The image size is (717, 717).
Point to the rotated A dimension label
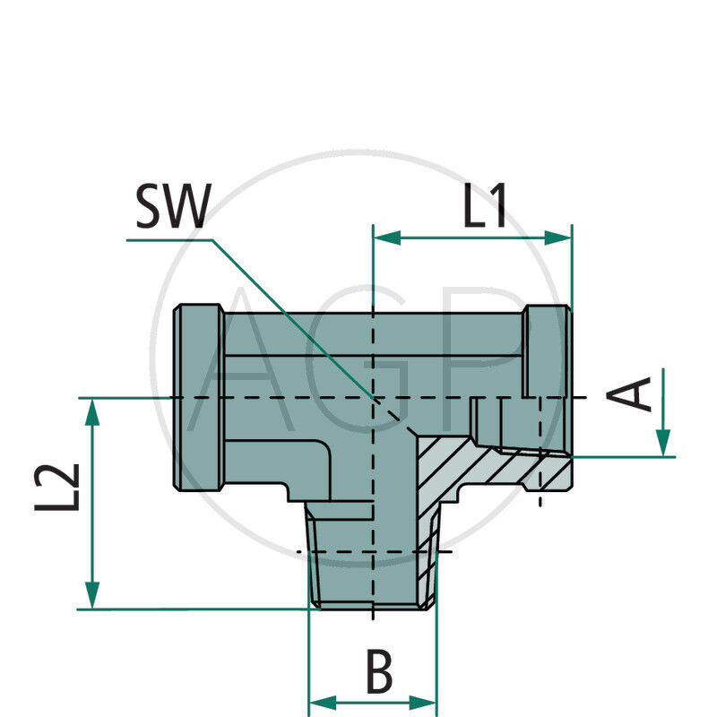tap(636, 394)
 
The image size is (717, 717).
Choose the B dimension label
tap(379, 672)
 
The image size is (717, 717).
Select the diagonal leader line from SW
tap(296, 323)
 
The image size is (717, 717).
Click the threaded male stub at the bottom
tap(371, 565)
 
